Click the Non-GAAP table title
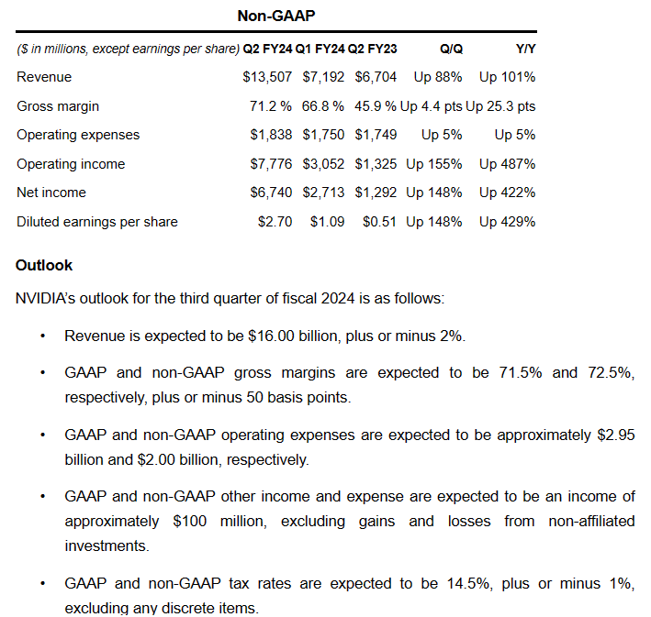pos(275,16)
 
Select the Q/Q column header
pos(450,48)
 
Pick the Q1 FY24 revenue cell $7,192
pos(323,77)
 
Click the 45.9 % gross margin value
pos(375,105)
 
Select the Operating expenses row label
pos(78,135)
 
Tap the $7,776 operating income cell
pos(271,164)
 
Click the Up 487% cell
pos(507,164)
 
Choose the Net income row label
pos(51,193)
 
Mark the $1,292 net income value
pos(376,193)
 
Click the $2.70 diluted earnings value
pos(275,222)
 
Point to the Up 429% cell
pos(507,222)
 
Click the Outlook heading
pos(44,266)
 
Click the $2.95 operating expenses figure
pos(614,435)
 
